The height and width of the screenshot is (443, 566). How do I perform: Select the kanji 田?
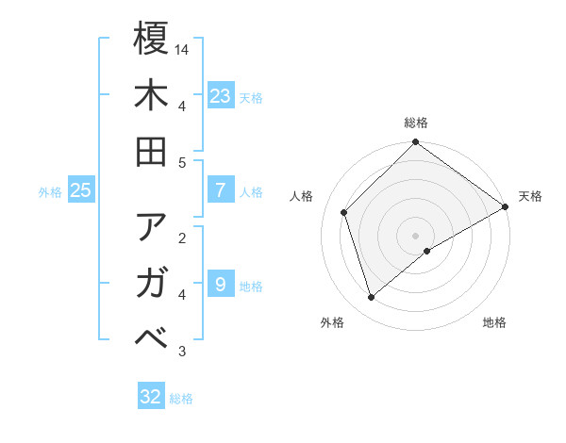click(151, 152)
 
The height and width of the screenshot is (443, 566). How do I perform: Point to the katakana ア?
click(151, 227)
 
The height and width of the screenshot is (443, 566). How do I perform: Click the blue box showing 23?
click(220, 95)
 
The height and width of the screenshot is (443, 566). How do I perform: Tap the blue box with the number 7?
click(220, 189)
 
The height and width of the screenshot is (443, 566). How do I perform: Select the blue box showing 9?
click(220, 284)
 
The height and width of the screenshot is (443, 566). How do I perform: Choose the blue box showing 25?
click(80, 189)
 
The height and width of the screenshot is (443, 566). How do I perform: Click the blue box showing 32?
click(151, 397)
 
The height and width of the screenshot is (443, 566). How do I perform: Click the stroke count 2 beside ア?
click(182, 238)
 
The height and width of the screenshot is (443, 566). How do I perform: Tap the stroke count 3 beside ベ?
click(182, 352)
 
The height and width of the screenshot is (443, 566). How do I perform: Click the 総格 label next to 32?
click(182, 399)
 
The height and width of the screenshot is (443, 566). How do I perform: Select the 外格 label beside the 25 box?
click(50, 191)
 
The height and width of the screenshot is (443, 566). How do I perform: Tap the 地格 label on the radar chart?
click(494, 323)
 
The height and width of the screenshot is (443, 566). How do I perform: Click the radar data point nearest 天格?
click(505, 208)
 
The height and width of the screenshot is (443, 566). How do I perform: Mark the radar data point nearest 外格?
click(372, 298)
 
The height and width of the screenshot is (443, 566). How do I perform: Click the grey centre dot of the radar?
click(416, 235)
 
